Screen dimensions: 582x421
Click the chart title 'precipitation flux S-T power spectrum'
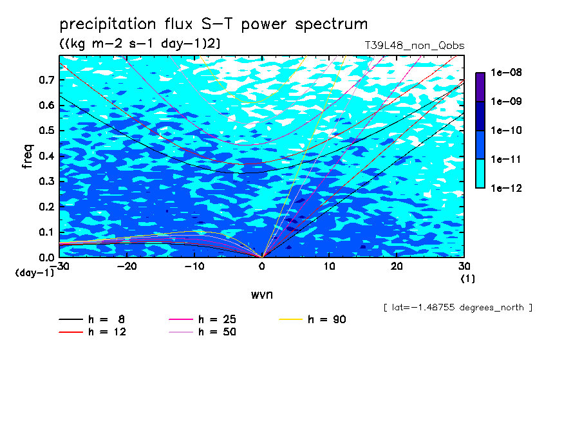(214, 24)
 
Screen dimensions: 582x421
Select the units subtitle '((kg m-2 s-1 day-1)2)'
(140, 44)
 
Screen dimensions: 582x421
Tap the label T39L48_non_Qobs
(415, 46)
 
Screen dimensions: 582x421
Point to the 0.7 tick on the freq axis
(47, 80)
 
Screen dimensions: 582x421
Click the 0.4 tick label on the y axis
(47, 156)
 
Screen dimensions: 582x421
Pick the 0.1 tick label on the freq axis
(47, 232)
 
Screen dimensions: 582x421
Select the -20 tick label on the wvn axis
(127, 267)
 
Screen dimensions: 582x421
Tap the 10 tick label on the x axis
(329, 267)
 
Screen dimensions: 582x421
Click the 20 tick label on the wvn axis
(397, 267)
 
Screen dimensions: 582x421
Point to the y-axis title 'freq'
(28, 156)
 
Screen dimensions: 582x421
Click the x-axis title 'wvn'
(261, 295)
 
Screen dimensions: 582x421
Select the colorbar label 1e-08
(506, 72)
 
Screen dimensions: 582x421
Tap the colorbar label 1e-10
(506, 130)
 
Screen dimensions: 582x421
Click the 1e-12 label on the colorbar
(506, 188)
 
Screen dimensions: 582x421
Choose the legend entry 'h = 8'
(92, 319)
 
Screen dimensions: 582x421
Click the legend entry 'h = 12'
(93, 332)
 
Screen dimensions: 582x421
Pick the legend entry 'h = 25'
(203, 319)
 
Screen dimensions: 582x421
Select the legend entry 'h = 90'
(312, 319)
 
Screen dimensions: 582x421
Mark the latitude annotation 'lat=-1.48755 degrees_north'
(458, 308)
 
